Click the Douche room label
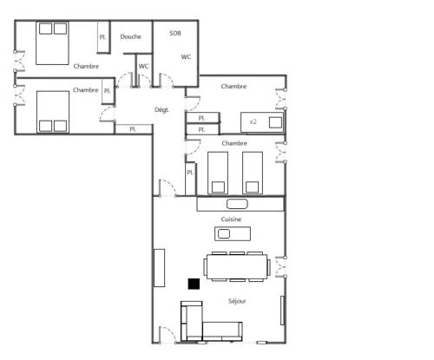[130, 36]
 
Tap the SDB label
[175, 33]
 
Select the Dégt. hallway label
[161, 110]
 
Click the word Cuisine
[231, 219]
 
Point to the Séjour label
[237, 301]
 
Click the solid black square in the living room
[194, 284]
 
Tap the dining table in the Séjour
[237, 266]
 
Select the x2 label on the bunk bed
[253, 121]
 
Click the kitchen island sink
[224, 233]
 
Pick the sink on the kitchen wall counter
[237, 204]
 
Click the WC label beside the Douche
[143, 66]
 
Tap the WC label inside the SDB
[186, 57]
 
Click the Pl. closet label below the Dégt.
[133, 129]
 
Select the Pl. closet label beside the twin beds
[190, 173]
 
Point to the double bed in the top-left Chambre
[52, 43]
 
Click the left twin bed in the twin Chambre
[218, 173]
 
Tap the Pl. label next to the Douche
[102, 37]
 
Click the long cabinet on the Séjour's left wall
[159, 268]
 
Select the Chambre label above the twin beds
[234, 143]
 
